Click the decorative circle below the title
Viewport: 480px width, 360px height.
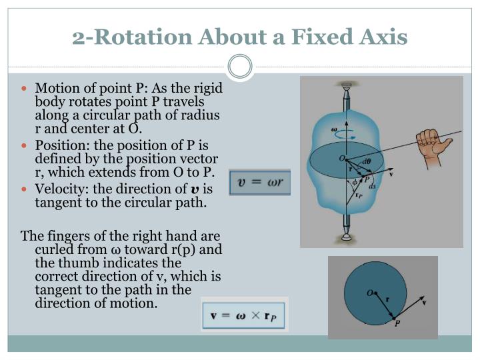240,67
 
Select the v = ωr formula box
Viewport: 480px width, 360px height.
259,182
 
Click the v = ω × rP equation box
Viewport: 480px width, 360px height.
245,314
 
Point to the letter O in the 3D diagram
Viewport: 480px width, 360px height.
341,158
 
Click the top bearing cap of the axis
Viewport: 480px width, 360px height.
345,86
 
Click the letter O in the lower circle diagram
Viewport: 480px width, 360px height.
369,291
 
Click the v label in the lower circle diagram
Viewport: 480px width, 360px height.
425,302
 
